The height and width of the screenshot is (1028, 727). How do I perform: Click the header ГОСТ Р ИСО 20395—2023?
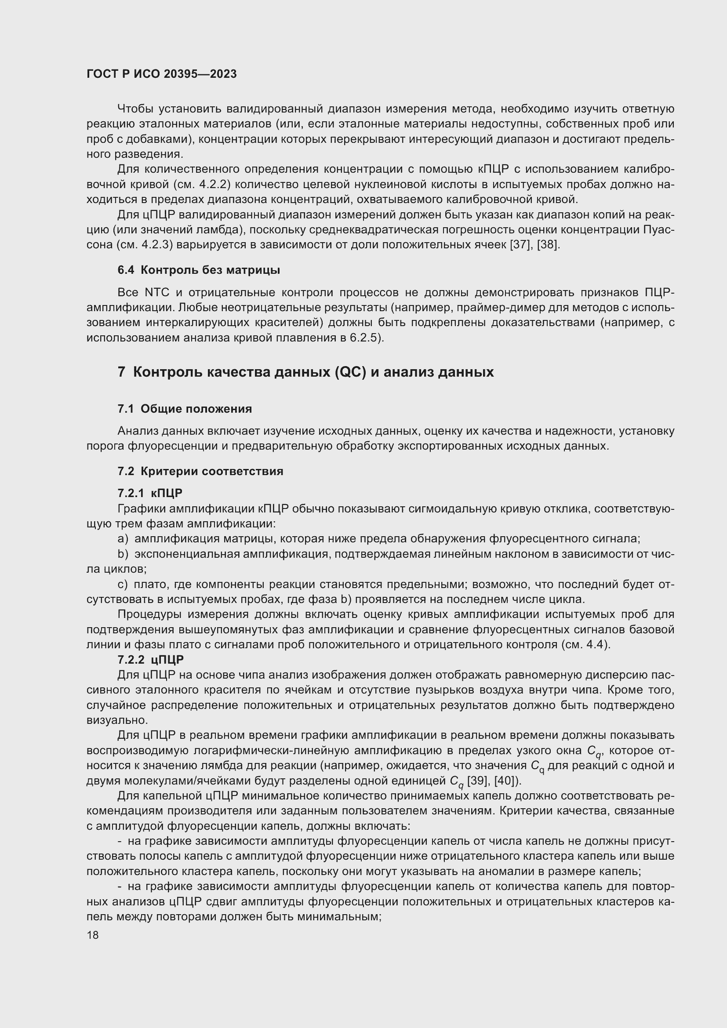click(x=161, y=74)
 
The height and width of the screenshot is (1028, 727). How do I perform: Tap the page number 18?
click(x=93, y=935)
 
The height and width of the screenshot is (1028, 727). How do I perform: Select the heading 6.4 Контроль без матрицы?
click(x=199, y=270)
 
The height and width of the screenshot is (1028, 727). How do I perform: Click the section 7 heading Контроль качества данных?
click(x=305, y=372)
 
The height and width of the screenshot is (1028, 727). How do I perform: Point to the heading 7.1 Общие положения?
click(x=185, y=409)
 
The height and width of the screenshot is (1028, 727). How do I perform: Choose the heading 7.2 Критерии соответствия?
click(x=200, y=472)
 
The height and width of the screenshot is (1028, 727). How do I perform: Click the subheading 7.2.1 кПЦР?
click(x=150, y=494)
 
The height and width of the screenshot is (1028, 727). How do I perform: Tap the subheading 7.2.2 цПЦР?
click(x=150, y=660)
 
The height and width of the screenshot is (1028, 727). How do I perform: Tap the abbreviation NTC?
click(x=157, y=293)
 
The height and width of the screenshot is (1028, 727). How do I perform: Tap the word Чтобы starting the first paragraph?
click(x=135, y=109)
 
